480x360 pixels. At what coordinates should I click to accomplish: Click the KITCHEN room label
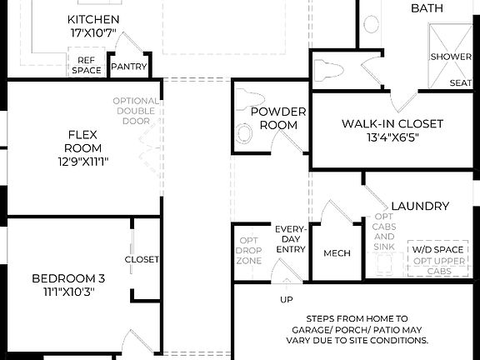(92, 19)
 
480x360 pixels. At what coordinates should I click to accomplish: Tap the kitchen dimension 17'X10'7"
(92, 34)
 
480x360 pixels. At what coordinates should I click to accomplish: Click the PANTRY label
(128, 66)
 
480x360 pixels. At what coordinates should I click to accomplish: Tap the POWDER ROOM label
(278, 118)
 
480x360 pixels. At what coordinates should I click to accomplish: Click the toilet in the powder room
(245, 132)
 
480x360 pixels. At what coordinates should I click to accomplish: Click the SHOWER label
(451, 57)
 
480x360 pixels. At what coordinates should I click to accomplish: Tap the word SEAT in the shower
(460, 82)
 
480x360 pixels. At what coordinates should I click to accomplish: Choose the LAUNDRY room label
(419, 206)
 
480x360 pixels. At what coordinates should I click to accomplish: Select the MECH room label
(337, 253)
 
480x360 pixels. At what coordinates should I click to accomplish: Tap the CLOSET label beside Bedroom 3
(142, 259)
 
